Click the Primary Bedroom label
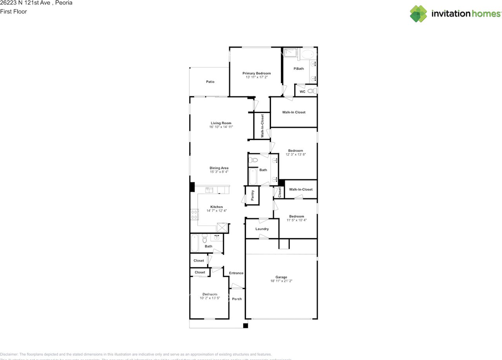coord(256,73)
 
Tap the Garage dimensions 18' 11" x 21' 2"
coord(281,281)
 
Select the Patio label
coord(210,82)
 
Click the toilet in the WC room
coord(311,91)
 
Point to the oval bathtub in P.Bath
coord(308,55)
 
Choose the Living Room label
coord(221,123)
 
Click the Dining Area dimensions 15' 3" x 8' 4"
coord(219,172)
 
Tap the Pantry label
coord(253,195)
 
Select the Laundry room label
coord(262,229)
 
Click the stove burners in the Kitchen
coord(194,215)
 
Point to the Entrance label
coord(236,273)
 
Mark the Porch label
coord(237,299)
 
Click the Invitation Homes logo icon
coord(418,14)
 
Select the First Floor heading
coord(13,11)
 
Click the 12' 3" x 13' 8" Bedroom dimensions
coord(295,155)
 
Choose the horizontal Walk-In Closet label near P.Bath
coord(294,112)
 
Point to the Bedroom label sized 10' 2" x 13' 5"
coord(209,294)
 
